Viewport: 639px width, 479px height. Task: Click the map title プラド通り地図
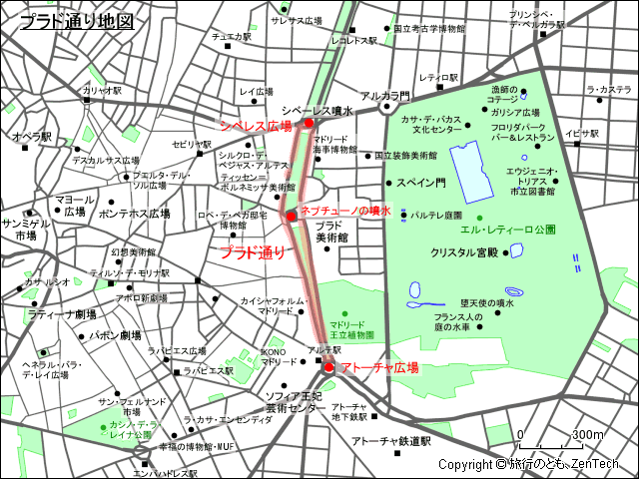tap(76, 19)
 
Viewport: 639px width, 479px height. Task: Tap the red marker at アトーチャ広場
tap(328, 367)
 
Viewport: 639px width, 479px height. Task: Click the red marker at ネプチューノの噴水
tap(291, 216)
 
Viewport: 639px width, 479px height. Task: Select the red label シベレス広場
tap(256, 126)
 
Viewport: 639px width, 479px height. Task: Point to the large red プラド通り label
tap(252, 252)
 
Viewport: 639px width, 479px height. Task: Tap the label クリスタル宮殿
tap(464, 252)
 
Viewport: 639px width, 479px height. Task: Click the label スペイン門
tap(420, 184)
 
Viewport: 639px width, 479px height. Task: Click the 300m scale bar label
tap(587, 434)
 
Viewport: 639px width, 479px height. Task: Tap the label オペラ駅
tap(32, 136)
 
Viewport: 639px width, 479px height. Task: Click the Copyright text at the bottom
tap(528, 464)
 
